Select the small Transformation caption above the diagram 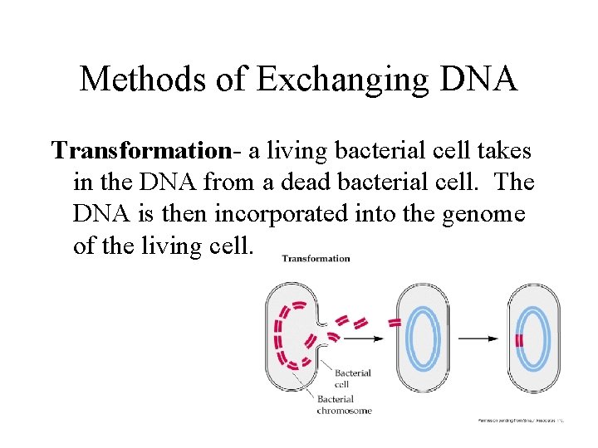[x=316, y=259]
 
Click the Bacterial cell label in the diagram [x=352, y=379]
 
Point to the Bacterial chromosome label [x=344, y=405]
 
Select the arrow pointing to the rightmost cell [x=478, y=338]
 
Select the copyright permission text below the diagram [x=521, y=421]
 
